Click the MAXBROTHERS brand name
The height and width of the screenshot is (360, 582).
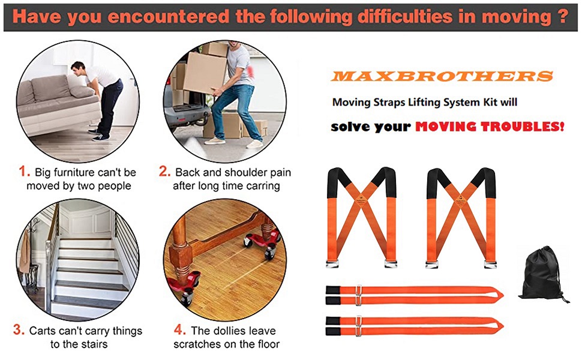(442, 76)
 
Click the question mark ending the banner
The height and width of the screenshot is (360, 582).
(561, 16)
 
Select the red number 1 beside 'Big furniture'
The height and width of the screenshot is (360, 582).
(24, 172)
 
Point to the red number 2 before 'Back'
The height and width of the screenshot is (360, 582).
(165, 172)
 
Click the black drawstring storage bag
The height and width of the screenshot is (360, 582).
(542, 274)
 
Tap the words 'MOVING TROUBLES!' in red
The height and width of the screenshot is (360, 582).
(489, 127)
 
